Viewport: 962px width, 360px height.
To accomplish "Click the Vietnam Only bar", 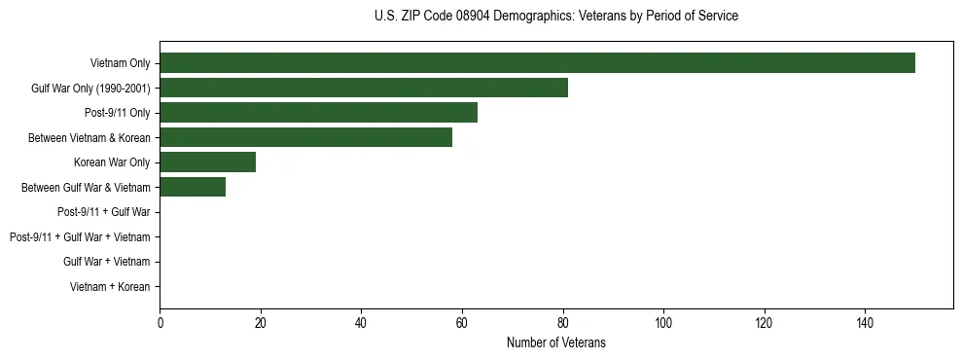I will click(x=537, y=63).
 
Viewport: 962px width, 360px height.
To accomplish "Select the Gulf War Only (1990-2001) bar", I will click(x=364, y=89).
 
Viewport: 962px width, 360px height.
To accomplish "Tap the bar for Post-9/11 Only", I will click(x=318, y=113).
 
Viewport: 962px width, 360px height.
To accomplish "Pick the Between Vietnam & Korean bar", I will click(x=305, y=138).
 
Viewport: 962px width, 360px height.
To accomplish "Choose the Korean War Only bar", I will click(x=207, y=162).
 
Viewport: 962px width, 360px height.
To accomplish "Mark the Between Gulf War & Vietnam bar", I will click(x=193, y=188).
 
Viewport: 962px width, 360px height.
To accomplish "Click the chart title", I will click(x=555, y=17).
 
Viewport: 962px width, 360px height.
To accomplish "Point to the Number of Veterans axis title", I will click(x=555, y=342).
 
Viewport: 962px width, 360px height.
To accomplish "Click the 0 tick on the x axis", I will click(x=160, y=323).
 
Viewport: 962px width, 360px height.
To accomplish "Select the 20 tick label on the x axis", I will click(x=260, y=323).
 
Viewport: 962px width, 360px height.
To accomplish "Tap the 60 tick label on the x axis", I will click(x=461, y=323).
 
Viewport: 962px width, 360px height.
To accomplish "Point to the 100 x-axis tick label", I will click(x=662, y=323).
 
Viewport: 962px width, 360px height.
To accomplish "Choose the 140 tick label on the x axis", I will click(x=864, y=323).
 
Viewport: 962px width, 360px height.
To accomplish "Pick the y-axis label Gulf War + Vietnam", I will click(x=106, y=262).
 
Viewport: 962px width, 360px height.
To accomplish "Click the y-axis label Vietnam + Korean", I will click(x=110, y=287).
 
